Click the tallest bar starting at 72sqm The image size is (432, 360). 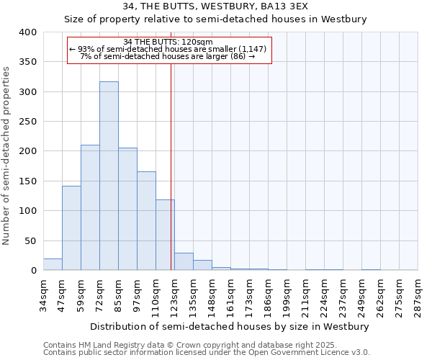tap(109, 176)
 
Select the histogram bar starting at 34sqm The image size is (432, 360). tap(53, 264)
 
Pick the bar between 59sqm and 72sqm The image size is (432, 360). tap(90, 207)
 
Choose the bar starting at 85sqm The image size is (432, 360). tap(127, 209)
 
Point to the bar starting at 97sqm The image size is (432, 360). tap(146, 221)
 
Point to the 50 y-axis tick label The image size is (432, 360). tap(31, 240)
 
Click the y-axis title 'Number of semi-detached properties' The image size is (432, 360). tap(7, 155)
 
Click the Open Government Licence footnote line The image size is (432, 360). tap(207, 353)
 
